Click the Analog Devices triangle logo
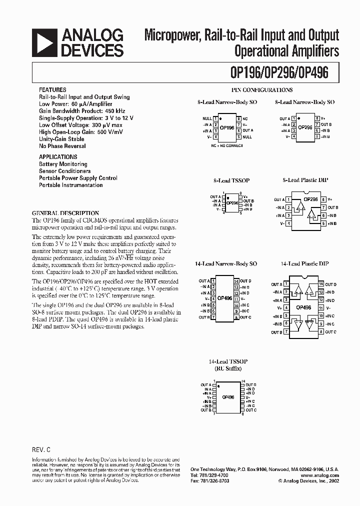43,42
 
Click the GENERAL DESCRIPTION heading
65,213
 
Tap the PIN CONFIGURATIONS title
262,90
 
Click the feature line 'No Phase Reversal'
62,146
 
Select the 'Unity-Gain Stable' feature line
61,139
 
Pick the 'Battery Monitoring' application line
63,164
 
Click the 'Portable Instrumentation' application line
71,185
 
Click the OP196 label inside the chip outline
227,128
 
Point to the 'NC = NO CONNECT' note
227,146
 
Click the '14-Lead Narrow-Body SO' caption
226,263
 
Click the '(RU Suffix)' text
225,368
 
